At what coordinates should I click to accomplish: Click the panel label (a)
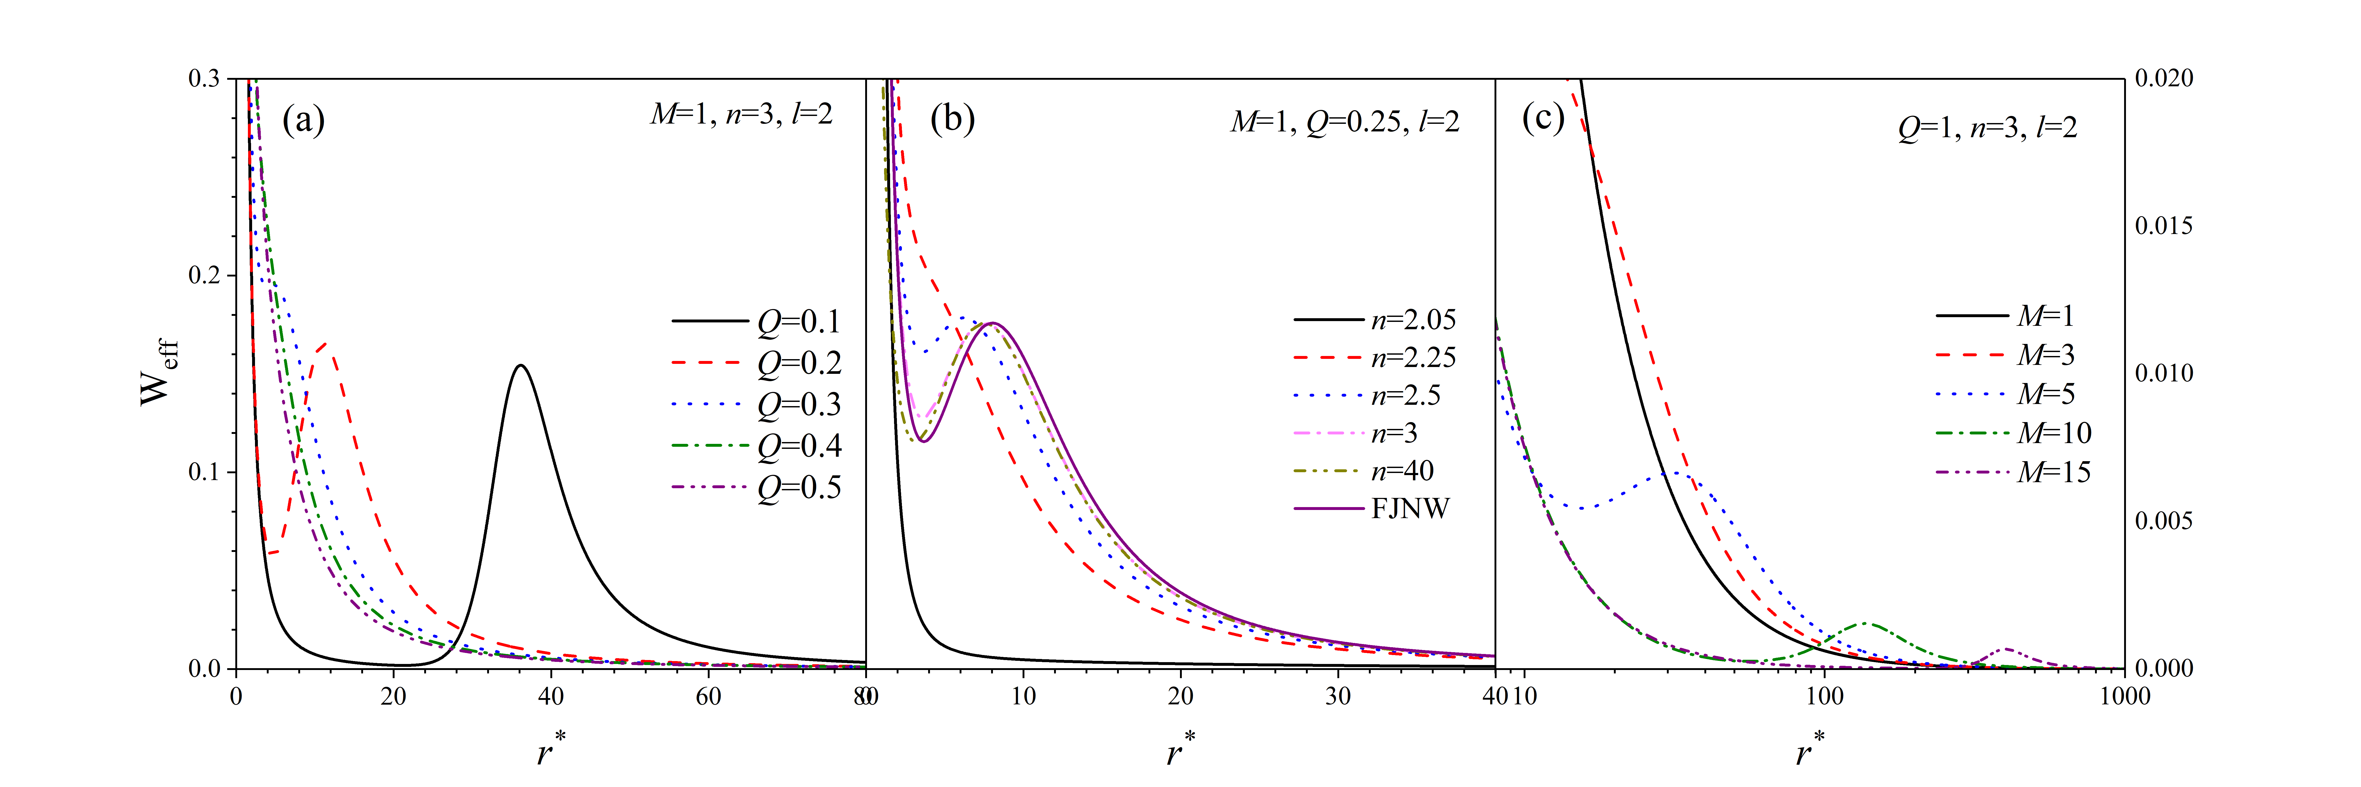(303, 120)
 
